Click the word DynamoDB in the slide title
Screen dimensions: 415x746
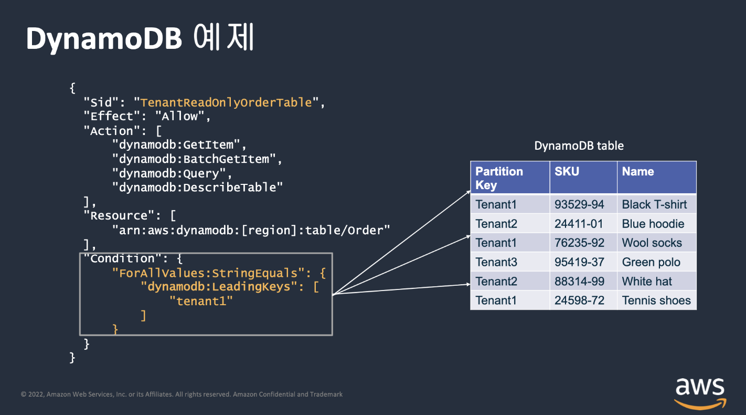[104, 38]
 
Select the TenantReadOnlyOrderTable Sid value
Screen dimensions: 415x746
[226, 102]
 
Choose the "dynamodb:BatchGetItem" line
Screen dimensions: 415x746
[197, 159]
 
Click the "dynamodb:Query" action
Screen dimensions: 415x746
[172, 173]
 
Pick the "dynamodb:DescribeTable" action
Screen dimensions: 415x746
[197, 187]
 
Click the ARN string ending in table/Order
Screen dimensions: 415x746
[251, 230]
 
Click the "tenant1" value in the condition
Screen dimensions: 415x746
[201, 301]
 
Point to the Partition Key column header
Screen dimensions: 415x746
[499, 178]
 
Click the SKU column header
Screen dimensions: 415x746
[567, 172]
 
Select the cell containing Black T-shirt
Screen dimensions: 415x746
[654, 204]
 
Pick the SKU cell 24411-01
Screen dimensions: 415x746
[579, 224]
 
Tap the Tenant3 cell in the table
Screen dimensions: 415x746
[496, 262]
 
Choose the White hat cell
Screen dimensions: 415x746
[647, 282]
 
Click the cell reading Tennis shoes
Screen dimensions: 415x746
[656, 300]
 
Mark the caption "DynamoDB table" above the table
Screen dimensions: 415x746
[579, 146]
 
